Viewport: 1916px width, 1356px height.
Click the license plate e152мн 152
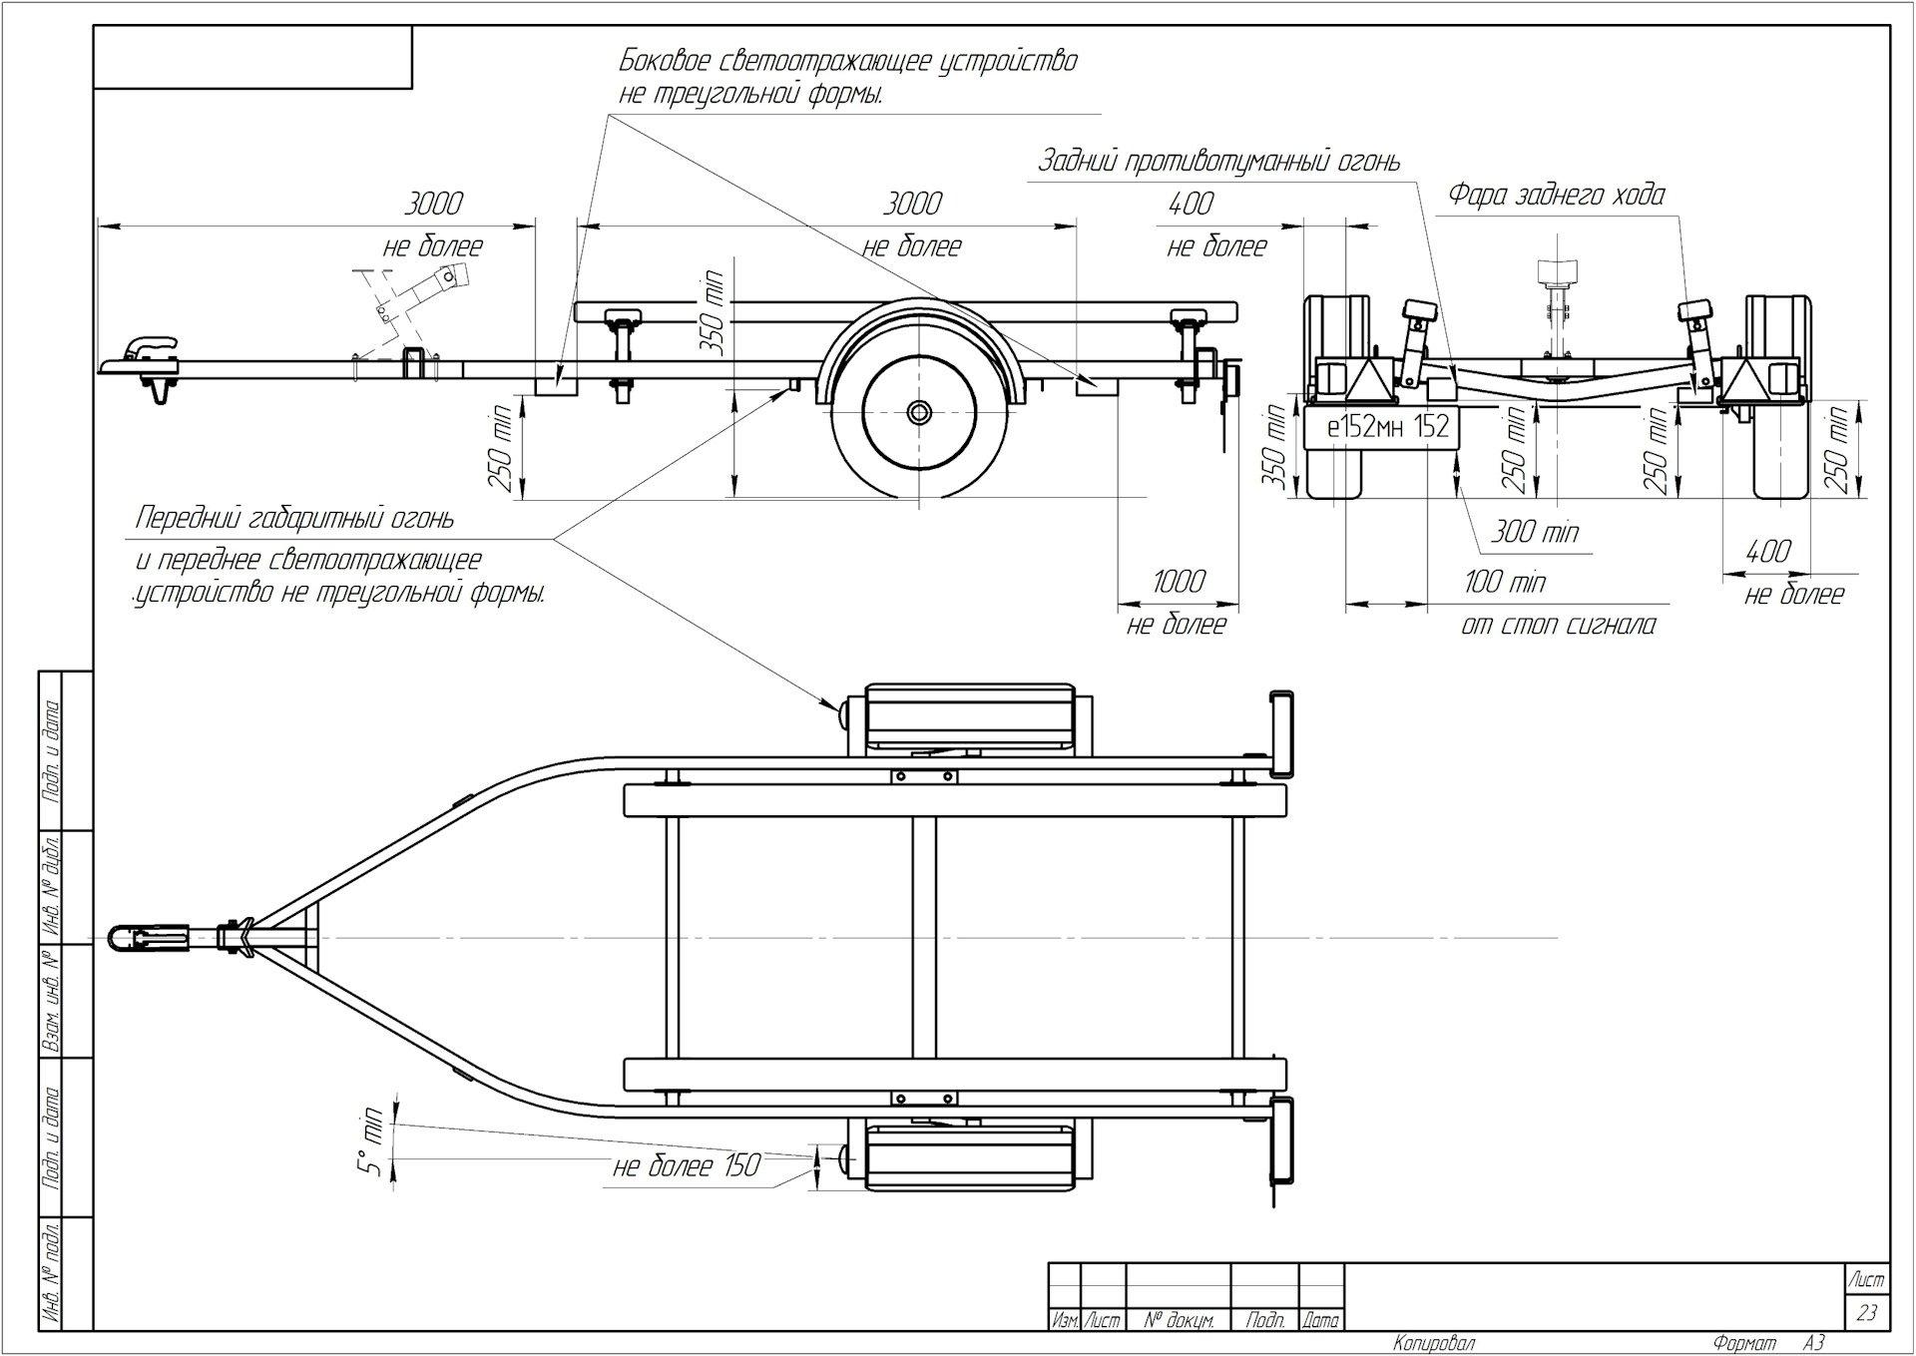tap(1387, 426)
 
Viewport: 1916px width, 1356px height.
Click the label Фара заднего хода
tap(1557, 195)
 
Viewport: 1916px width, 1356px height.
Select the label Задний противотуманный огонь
tap(1218, 162)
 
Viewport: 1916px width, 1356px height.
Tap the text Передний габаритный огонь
tap(295, 519)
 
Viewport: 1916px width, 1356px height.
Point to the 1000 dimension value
tap(1179, 581)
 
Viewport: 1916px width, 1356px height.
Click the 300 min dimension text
tap(1535, 532)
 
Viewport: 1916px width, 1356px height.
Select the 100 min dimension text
tap(1505, 582)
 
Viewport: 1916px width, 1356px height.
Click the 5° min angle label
tap(372, 1140)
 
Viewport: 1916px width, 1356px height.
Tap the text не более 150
tap(687, 1165)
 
